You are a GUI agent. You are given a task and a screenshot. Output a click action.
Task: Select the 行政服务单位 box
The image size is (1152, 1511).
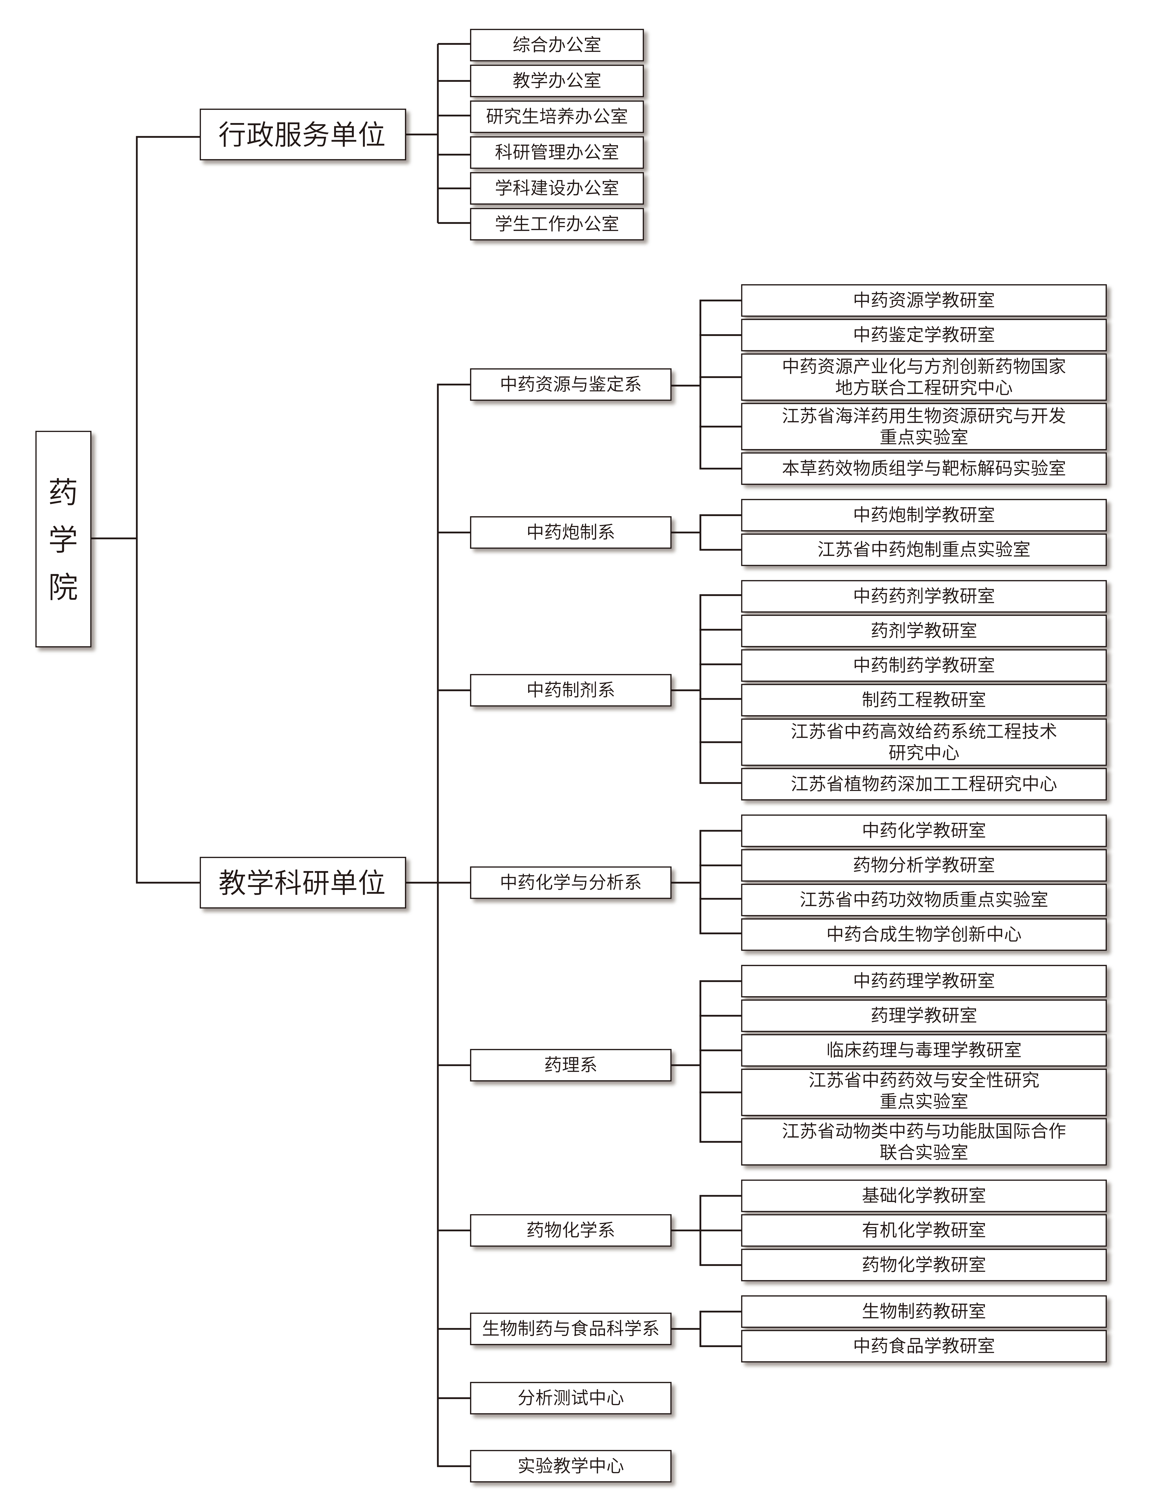coord(302,134)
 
